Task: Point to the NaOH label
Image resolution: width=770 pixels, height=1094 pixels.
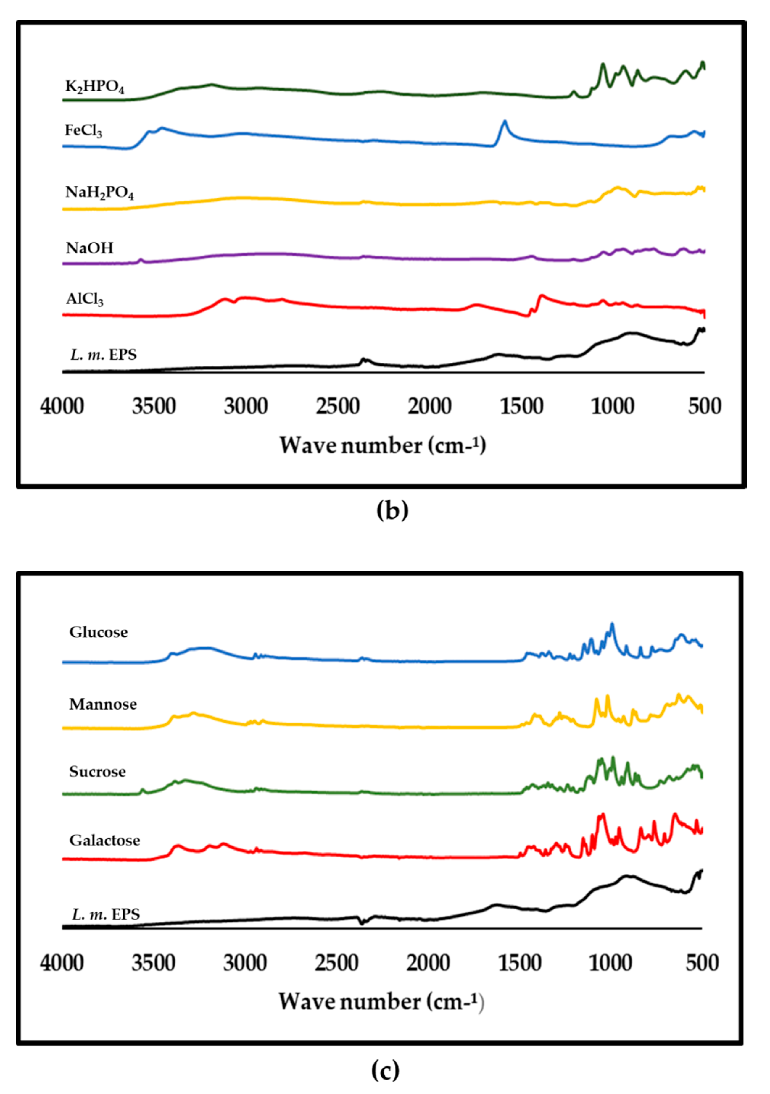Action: coord(90,248)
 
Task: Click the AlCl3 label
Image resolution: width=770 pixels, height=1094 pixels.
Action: coord(84,299)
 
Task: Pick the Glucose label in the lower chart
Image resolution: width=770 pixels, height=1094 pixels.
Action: coord(99,632)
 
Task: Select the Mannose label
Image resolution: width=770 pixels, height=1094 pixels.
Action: coord(103,704)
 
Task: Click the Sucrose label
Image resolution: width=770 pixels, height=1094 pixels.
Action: coord(98,771)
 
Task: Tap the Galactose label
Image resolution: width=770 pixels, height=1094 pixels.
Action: coord(105,840)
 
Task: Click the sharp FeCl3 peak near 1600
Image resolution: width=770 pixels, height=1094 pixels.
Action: coord(505,123)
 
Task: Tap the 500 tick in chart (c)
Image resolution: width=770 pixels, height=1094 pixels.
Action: coord(702,963)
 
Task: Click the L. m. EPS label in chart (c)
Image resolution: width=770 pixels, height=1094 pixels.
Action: coord(106,914)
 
